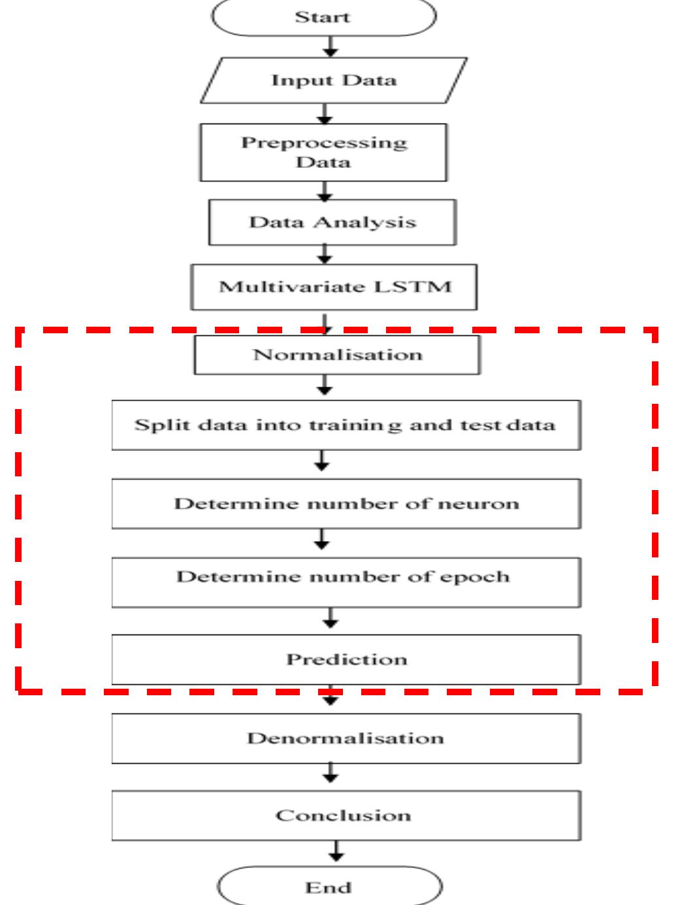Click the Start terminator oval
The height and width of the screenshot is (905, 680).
coord(323,18)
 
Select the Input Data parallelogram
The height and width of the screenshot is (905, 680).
coord(334,80)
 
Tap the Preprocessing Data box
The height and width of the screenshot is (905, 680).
coord(323,152)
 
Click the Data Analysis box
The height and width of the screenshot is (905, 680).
coord(332,222)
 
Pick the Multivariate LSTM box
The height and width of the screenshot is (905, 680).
coord(334,287)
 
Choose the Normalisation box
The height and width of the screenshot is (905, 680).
coord(337,355)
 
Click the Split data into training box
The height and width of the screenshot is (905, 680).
coord(346,425)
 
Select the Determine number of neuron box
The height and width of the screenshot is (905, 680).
coord(346,504)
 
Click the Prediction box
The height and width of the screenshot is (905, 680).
coord(346,659)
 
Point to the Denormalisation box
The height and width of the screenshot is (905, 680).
coord(346,738)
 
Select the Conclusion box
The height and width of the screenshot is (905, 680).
coord(346,815)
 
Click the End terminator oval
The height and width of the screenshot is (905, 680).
coord(329,887)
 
